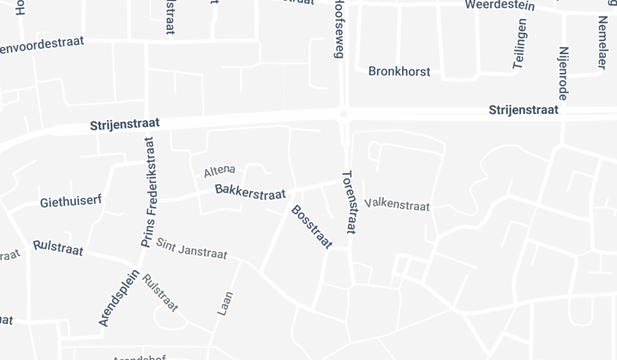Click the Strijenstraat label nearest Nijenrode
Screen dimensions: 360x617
click(x=523, y=111)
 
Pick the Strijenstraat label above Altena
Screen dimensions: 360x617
click(x=124, y=125)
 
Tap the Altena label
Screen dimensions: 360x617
click(x=220, y=171)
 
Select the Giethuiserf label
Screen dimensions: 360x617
click(x=71, y=201)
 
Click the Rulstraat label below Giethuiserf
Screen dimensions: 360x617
click(x=57, y=248)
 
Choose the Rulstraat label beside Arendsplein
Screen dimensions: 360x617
click(x=160, y=292)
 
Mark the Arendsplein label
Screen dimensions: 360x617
click(x=112, y=297)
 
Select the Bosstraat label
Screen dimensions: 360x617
click(x=311, y=227)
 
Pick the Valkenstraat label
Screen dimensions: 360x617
click(x=397, y=206)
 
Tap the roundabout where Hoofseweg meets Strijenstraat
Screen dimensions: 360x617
click(x=342, y=113)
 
